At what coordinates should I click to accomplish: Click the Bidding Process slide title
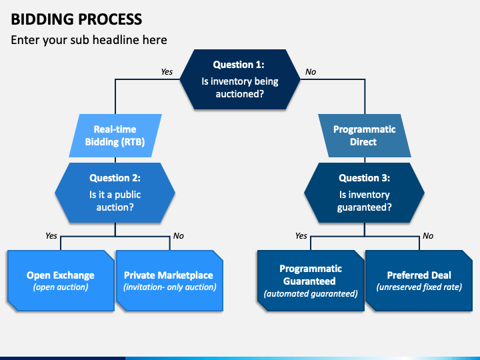coord(77,19)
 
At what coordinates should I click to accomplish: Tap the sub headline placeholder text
coord(89,40)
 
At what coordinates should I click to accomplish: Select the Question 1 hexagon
coord(240,79)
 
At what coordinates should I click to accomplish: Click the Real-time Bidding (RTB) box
coord(115,135)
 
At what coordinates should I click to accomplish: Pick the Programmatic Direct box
coord(364,135)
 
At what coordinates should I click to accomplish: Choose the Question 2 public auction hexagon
coord(115,193)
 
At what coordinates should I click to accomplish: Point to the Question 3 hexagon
coord(364,193)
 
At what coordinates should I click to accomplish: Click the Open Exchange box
coord(61,281)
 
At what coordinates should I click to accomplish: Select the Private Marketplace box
coord(169,281)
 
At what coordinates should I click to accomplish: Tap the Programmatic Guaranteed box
coord(311,281)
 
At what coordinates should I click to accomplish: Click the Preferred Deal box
coord(419,281)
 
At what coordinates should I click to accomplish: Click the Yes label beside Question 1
coord(167,71)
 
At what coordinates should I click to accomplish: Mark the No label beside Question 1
coord(311,71)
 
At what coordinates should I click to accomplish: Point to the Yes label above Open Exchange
coord(51,236)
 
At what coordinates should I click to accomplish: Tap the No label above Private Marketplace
coord(178,236)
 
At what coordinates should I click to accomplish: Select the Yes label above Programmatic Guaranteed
coord(301,236)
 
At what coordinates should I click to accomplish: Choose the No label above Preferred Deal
coord(428,236)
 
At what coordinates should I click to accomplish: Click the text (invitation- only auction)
coord(169,287)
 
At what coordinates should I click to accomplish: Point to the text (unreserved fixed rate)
coord(419,287)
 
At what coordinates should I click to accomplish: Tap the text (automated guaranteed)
coord(311,294)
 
